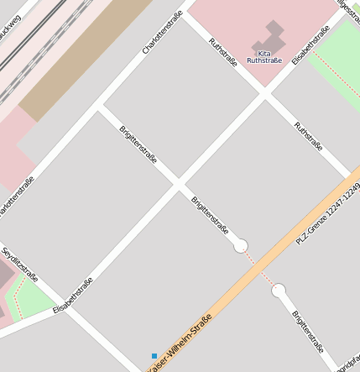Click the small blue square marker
(154, 356)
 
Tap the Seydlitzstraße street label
(19, 265)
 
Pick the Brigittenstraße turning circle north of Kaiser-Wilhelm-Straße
(241, 245)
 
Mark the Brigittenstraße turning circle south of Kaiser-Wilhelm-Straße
(279, 291)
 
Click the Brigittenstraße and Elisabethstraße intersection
(177, 181)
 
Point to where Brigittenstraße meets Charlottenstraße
(99, 107)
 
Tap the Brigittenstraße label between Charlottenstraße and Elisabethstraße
(138, 144)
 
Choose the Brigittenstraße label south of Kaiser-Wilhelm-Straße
(308, 330)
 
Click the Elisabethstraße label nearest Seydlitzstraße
(72, 296)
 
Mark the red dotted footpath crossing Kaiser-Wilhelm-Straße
(260, 269)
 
